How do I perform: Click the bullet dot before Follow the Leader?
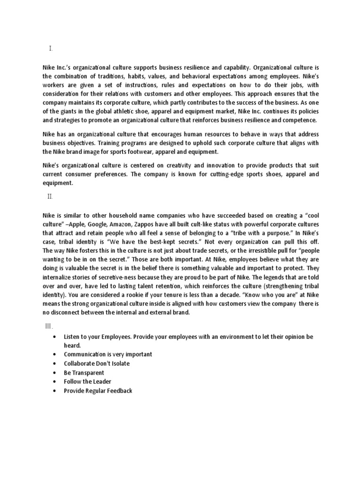coord(56,382)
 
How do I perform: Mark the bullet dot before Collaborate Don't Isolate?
coord(56,364)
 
